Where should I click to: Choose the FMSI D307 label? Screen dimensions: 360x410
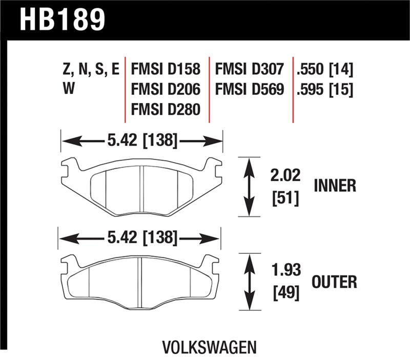(249, 70)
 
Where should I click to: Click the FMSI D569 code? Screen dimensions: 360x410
(249, 90)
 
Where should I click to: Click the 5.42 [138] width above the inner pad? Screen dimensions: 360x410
(142, 140)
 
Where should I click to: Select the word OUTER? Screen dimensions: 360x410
(334, 282)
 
